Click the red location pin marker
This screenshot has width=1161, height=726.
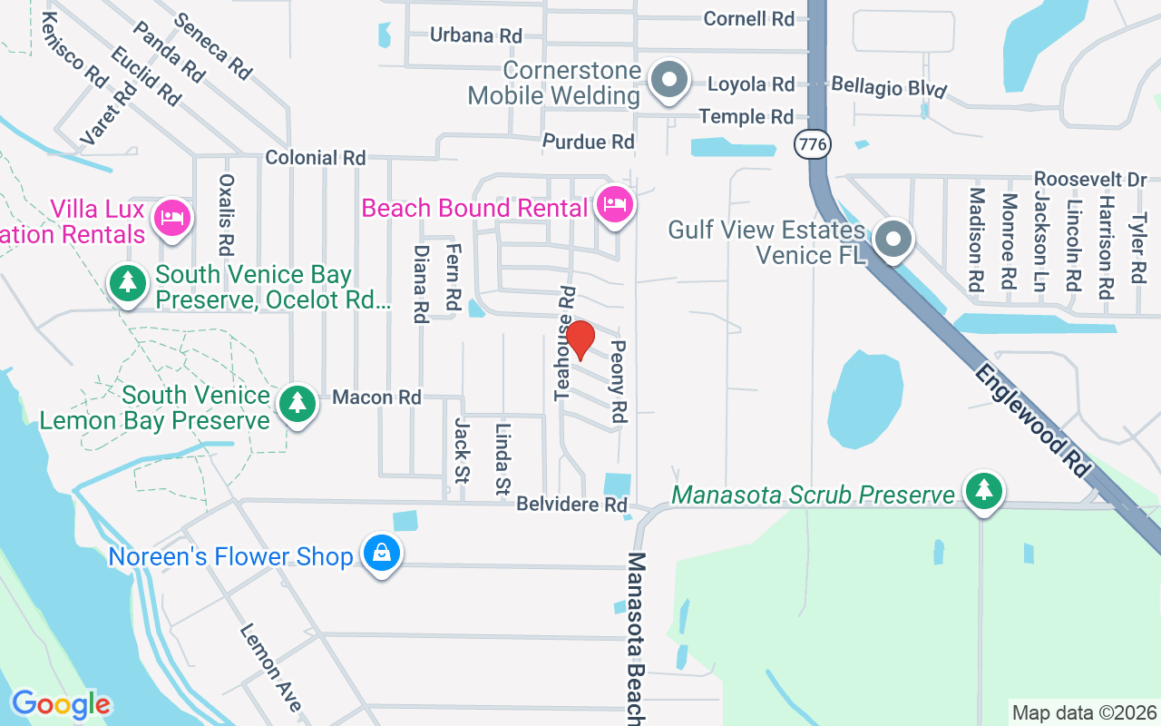(580, 339)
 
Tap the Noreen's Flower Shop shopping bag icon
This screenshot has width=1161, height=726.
(382, 553)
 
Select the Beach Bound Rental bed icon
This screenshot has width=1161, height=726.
(614, 204)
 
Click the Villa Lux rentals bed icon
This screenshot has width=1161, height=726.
(171, 218)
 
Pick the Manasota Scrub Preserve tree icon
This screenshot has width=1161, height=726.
(982, 491)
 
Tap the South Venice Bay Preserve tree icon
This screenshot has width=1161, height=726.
(128, 282)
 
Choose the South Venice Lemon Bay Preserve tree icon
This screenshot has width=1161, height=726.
(297, 401)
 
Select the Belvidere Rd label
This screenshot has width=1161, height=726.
(571, 505)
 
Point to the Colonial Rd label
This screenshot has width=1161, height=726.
(315, 158)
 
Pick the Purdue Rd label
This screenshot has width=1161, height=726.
(588, 142)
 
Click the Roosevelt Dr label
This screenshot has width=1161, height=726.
(1090, 179)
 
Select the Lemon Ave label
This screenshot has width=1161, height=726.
(270, 667)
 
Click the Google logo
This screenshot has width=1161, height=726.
(61, 704)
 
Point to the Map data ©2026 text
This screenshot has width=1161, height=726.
(1084, 712)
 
